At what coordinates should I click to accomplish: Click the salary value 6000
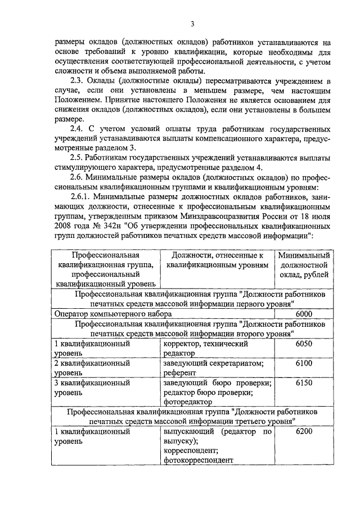click(303, 314)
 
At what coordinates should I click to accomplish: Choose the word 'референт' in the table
click(180, 372)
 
